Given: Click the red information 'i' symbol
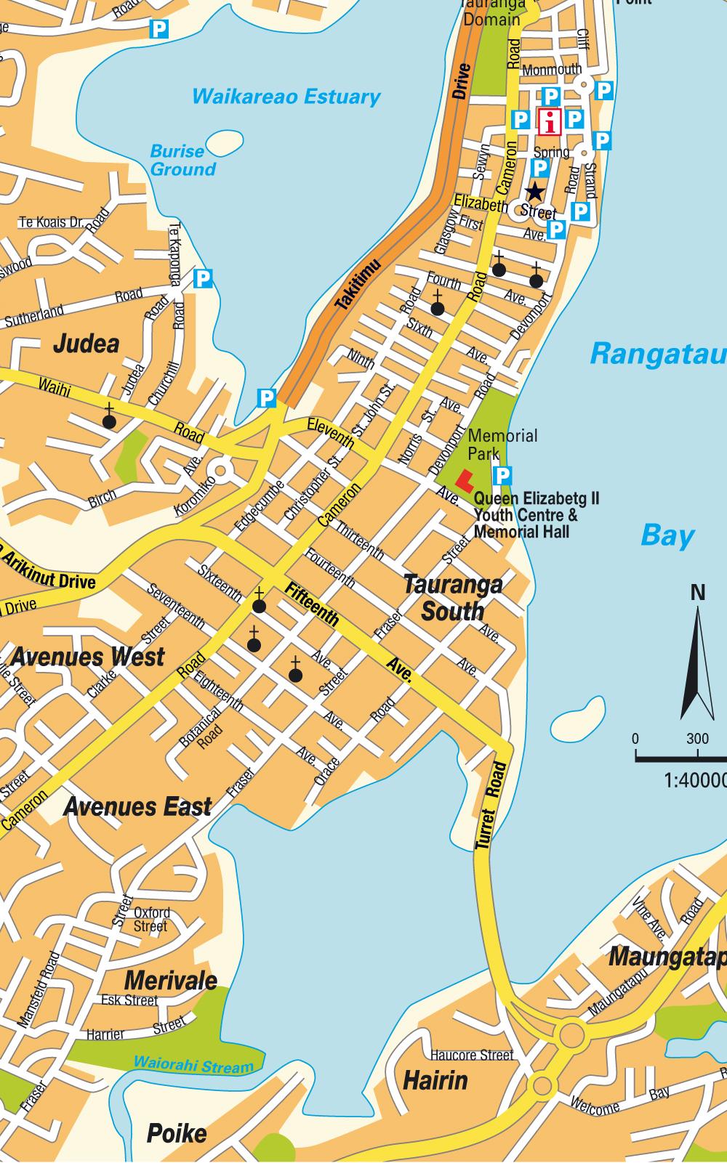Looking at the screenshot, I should pos(550,121).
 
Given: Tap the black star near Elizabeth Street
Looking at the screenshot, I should pos(534,192).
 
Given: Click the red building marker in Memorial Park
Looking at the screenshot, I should pos(463,479).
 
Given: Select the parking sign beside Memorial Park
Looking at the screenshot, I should pos(502,476).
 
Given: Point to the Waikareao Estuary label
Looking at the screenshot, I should pos(286,97).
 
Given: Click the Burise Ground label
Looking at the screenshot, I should pos(182,161).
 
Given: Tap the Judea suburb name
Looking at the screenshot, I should pos(86,344).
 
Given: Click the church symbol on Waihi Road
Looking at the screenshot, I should pos(109,420).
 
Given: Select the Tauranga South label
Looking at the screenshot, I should pos(452,598).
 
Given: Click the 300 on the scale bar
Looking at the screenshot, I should pos(696,739).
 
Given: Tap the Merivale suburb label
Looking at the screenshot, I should pos(170,981).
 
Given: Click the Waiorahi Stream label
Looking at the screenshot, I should pos(193,1066).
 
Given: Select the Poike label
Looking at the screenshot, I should pos(177,1133).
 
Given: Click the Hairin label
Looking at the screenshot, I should pos(435,1081).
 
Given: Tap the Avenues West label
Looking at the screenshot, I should pos(87,657).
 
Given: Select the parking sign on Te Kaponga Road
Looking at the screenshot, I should pos(204,278).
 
